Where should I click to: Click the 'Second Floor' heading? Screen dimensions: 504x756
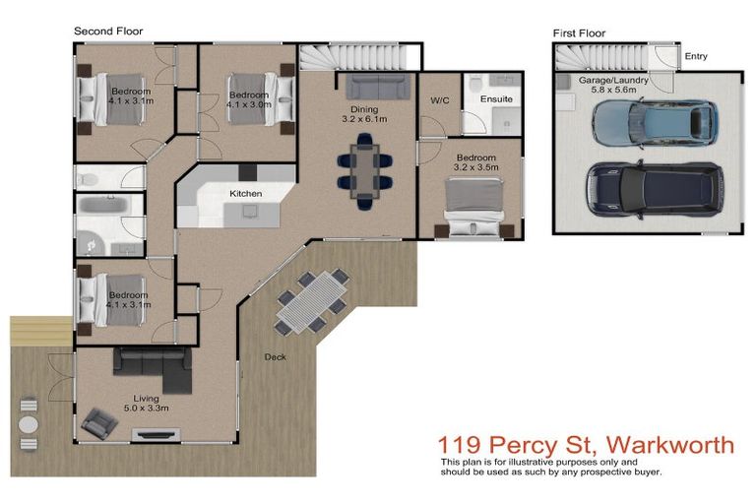click(x=108, y=31)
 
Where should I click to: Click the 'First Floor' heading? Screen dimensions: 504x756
click(x=579, y=33)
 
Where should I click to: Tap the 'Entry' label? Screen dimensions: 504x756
click(x=696, y=56)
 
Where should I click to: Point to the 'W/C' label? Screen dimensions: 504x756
click(x=440, y=99)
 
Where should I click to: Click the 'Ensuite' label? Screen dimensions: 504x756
click(x=495, y=99)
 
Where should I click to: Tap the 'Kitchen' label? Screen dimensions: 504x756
click(x=245, y=194)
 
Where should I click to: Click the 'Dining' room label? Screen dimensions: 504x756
click(x=363, y=110)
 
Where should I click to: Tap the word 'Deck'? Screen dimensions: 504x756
click(x=275, y=357)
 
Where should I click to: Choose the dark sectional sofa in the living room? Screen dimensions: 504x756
click(x=154, y=367)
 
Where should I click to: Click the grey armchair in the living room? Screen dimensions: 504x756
click(x=99, y=423)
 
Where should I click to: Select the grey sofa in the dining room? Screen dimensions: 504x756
click(x=373, y=86)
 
